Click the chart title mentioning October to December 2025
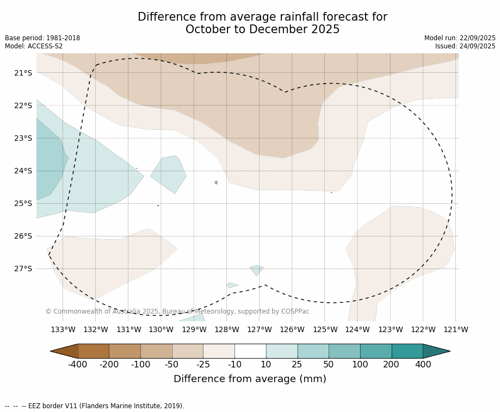pos(262,23)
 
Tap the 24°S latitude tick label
pos(23,171)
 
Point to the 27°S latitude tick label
pos(23,269)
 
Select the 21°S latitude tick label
pos(23,73)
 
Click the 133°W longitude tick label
pos(63,329)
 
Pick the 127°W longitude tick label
pos(260,329)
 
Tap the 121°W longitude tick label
pos(456,329)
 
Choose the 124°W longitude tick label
pos(357,329)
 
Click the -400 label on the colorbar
pos(78,364)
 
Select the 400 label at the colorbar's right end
pos(423,364)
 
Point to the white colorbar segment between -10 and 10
pos(250,351)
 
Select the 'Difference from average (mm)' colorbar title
pos(250,379)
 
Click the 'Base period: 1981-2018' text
pos(42,38)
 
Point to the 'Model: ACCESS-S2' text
pos(34,46)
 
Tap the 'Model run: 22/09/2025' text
pos(460,38)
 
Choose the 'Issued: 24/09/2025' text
pos(465,46)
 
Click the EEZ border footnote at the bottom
pos(95,406)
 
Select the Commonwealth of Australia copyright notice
pos(177,311)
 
